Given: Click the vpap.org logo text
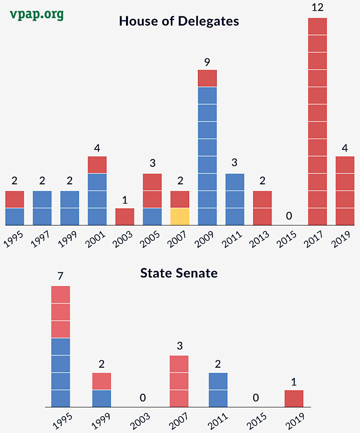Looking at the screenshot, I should point(37,14).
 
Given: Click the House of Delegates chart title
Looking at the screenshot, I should point(179,21).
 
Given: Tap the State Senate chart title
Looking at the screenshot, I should point(179,273).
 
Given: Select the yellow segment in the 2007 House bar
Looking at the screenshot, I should point(180,217).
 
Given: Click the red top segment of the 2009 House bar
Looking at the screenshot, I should point(207,78).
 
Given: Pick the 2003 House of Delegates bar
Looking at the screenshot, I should point(125,217).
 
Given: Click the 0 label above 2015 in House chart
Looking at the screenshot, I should point(289,216).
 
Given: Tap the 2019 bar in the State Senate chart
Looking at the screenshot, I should point(294,399).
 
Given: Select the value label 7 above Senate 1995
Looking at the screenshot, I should point(60,276).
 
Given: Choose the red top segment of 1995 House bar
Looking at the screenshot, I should point(15,200).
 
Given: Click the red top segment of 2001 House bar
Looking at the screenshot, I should point(97,165).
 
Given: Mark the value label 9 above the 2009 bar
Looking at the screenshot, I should point(207,62).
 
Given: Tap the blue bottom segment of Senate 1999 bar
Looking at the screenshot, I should point(102,399).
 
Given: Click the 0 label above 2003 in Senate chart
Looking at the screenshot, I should point(142,398).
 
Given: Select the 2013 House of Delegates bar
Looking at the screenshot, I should point(262,208).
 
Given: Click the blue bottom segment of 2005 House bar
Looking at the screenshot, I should point(152,217).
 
